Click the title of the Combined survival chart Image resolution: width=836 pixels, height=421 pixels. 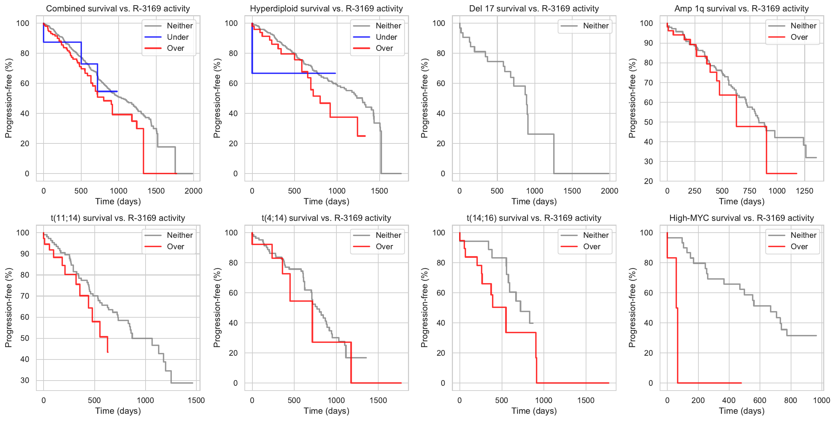coord(118,9)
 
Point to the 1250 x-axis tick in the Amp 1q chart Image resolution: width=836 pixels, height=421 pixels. coord(805,191)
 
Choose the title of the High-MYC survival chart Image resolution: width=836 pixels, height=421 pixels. coord(742,218)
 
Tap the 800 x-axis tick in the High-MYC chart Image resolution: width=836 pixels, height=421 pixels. coord(791,401)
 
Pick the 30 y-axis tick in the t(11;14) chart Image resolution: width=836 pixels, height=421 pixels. coord(25,381)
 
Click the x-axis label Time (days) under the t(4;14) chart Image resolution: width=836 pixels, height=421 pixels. coord(326,411)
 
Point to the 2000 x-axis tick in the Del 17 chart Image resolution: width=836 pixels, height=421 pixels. coord(610,191)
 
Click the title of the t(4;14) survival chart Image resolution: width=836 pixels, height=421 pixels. coord(326,218)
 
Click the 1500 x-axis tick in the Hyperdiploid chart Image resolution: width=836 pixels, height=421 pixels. coord(380,191)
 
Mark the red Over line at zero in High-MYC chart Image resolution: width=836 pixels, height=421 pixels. coord(709,383)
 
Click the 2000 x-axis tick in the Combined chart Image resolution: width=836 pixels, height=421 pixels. coord(193,191)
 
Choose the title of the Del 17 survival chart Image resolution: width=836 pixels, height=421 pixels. coord(534,9)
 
